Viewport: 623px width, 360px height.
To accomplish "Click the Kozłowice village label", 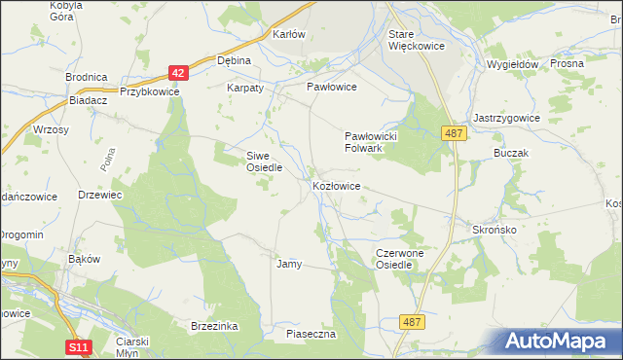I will pyautogui.click(x=337, y=185).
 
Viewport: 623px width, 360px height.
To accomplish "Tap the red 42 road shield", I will pyautogui.click(x=176, y=72).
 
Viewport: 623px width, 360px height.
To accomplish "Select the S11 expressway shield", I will pyautogui.click(x=80, y=346).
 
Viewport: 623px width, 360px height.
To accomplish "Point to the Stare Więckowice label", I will pyautogui.click(x=415, y=40).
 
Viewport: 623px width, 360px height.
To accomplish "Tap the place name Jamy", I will pyautogui.click(x=289, y=264).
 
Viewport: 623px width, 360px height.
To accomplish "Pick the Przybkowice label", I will pyautogui.click(x=150, y=91).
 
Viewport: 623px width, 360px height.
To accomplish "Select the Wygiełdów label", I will pyautogui.click(x=512, y=64).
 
